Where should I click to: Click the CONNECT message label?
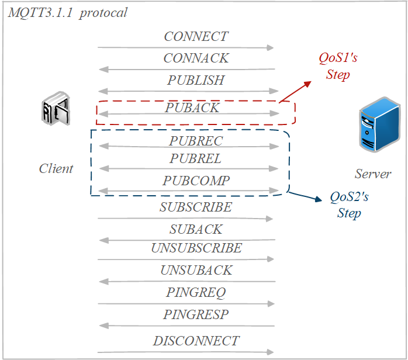196,36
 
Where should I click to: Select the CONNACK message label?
196,58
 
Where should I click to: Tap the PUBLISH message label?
196,80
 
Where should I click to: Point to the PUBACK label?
192,108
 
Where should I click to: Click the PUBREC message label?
196,141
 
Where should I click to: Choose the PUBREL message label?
196,158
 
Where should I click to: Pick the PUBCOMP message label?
196,181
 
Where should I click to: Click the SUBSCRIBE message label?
196,207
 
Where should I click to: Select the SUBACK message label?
196,229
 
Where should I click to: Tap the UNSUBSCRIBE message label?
196,248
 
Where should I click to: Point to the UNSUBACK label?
196,270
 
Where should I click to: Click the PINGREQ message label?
196,292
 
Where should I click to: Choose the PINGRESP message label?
196,314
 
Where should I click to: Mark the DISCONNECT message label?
196,341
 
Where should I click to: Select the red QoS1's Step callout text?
337,66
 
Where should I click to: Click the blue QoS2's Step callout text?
349,205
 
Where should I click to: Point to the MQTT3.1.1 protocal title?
67,13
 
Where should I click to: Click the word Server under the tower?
373,174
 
